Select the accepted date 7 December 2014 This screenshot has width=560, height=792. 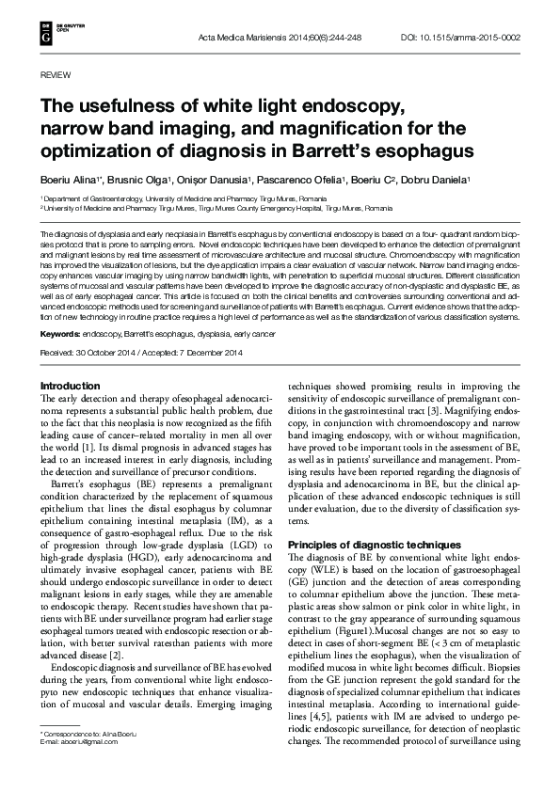pos(211,352)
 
